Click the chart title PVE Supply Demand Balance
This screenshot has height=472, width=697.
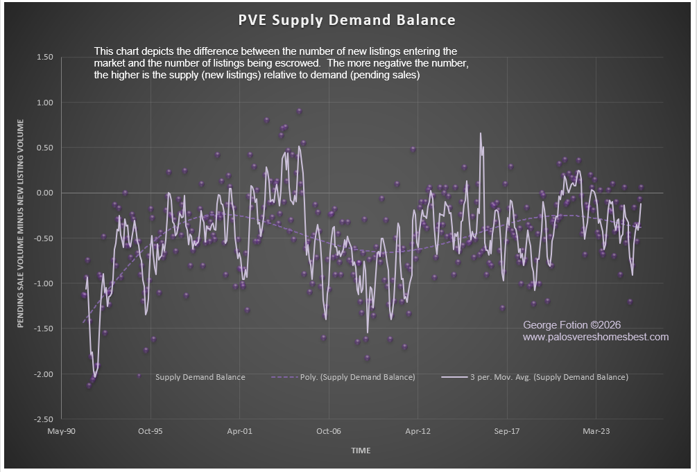click(347, 19)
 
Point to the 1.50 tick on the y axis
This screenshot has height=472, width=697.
click(44, 57)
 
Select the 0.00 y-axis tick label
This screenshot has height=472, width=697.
click(44, 193)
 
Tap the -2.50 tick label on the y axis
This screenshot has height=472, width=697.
click(43, 419)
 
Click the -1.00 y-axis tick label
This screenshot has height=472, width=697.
click(43, 283)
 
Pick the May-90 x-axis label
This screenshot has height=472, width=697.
click(61, 431)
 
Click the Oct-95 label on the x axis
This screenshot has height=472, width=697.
click(150, 431)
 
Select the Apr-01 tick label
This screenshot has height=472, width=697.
click(239, 431)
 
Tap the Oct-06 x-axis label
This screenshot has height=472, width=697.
click(329, 431)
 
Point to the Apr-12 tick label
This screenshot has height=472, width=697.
click(418, 431)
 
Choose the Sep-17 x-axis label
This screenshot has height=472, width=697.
click(507, 431)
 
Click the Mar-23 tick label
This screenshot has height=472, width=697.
click(596, 431)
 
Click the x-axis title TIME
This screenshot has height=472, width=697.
click(361, 451)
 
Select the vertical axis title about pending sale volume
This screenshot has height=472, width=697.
click(21, 224)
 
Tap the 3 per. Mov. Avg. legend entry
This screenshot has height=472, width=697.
click(549, 377)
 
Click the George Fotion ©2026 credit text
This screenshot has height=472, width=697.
click(571, 324)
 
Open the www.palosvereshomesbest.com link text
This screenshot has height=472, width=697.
click(595, 337)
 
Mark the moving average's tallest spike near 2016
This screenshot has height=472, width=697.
click(480, 134)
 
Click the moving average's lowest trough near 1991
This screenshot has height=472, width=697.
click(94, 377)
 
